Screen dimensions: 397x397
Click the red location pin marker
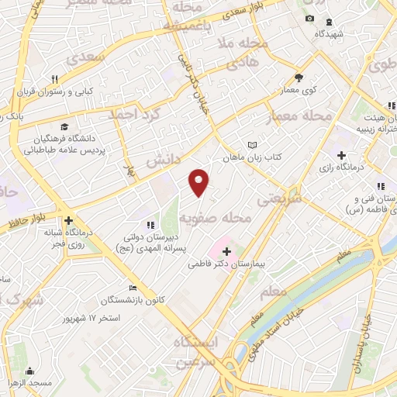pyautogui.click(x=200, y=181)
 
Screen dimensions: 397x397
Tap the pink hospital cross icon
pyautogui.click(x=226, y=251)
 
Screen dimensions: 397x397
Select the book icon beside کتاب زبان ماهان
pyautogui.click(x=251, y=145)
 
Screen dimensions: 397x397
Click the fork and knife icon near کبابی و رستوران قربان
pyautogui.click(x=54, y=79)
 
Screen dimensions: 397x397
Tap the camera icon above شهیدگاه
pyautogui.click(x=309, y=19)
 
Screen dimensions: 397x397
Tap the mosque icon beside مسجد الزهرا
pyautogui.click(x=30, y=370)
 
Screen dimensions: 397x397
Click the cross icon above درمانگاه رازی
pyautogui.click(x=342, y=155)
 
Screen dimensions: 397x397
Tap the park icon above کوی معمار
pyautogui.click(x=299, y=78)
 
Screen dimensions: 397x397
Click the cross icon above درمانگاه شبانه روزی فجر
pyautogui.click(x=68, y=219)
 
